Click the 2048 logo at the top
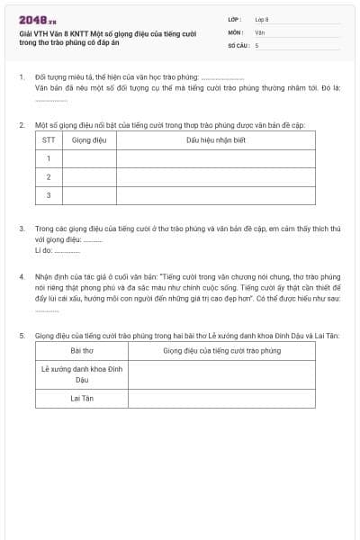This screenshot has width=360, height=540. [38, 19]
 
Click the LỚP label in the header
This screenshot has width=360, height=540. [236, 18]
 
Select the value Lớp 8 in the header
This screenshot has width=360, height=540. [262, 18]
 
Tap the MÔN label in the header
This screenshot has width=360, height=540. [236, 31]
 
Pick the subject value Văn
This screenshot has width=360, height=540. [260, 31]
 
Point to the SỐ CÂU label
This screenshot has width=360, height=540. [238, 43]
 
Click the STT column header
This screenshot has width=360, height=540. [49, 140]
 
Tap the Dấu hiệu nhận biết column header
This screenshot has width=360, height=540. [215, 140]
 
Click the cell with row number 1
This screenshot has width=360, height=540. [49, 158]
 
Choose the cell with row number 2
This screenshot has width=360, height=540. [49, 176]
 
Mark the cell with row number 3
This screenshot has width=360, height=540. [49, 194]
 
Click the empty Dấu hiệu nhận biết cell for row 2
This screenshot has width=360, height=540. [215, 176]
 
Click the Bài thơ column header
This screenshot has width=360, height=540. [82, 350]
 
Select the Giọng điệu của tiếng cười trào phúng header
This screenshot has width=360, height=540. [222, 350]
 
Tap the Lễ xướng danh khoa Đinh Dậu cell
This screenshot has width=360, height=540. [82, 374]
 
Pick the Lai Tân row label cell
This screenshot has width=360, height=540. [82, 398]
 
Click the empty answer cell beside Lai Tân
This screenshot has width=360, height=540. [222, 398]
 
